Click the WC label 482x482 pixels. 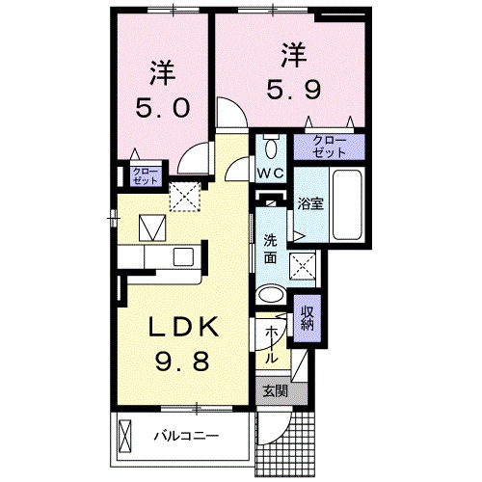click(269, 174)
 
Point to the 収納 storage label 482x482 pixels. click(308, 317)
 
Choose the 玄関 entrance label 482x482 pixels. click(274, 390)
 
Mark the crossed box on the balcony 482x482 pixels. click(124, 437)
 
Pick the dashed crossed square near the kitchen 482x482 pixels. click(183, 197)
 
